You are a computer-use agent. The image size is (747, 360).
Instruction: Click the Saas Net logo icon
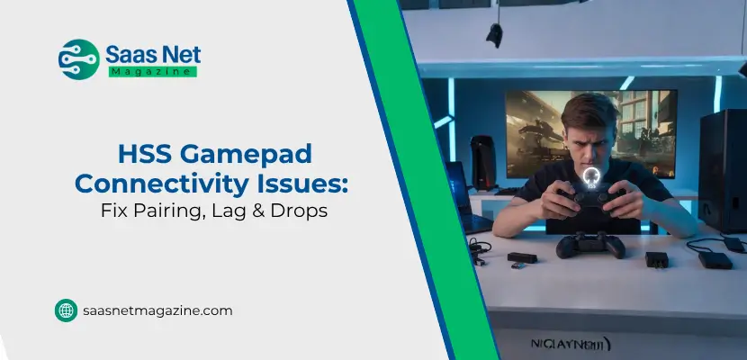click(78, 58)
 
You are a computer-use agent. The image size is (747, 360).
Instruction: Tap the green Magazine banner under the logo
click(152, 71)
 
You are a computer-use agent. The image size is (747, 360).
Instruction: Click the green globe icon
click(66, 310)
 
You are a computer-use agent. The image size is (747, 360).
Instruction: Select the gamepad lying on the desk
click(590, 243)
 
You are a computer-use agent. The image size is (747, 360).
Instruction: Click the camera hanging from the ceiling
click(494, 34)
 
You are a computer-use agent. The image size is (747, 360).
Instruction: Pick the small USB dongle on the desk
click(519, 263)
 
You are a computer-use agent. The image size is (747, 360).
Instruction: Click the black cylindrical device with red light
click(483, 162)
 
